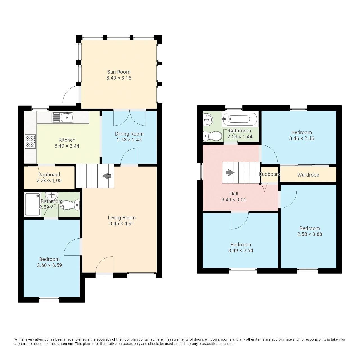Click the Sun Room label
(118, 72)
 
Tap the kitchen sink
(62, 117)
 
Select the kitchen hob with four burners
(30, 141)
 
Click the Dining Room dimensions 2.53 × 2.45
(129, 140)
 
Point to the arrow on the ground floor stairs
(106, 176)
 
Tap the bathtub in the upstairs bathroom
(239, 119)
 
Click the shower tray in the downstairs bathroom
(32, 204)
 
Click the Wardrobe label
(308, 175)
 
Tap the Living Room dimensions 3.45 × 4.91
(121, 224)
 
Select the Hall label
(233, 194)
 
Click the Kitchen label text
(67, 140)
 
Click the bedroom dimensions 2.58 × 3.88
(310, 234)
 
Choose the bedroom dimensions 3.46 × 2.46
(301, 138)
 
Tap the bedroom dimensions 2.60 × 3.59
(49, 265)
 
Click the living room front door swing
(104, 265)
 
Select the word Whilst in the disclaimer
(20, 339)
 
